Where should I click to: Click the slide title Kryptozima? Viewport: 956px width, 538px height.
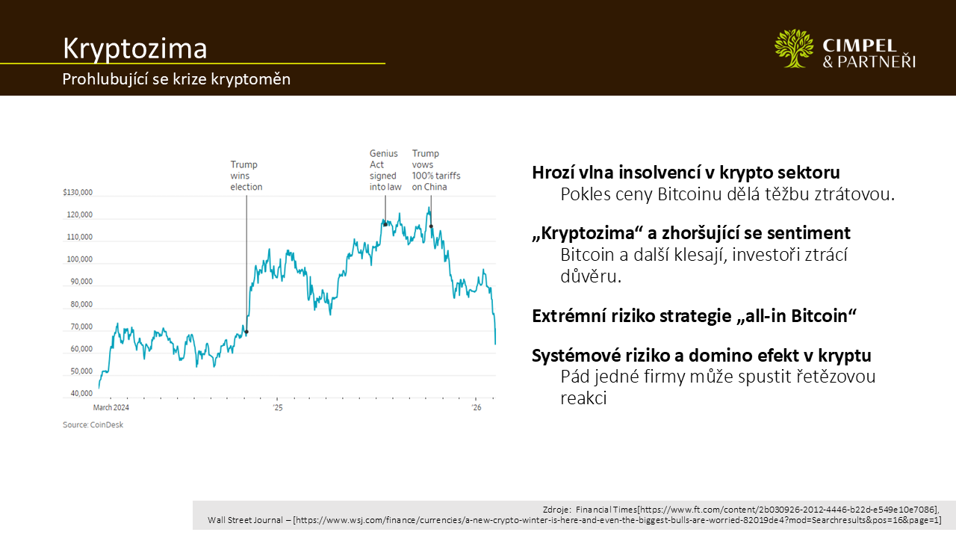point(134,48)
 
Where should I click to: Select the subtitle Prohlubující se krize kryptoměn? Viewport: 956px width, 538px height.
point(176,79)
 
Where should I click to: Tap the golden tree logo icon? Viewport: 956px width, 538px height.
point(794,49)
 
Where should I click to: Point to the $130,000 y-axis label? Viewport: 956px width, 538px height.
point(78,193)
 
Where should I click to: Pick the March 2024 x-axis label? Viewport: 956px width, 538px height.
point(111,408)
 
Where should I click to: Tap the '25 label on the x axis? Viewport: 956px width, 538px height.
point(277,408)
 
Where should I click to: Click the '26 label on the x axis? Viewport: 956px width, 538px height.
point(477,408)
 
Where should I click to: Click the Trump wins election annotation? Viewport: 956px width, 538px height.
point(246,176)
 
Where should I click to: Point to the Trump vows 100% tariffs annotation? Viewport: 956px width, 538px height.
point(436,170)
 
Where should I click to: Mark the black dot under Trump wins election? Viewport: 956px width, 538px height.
point(246,332)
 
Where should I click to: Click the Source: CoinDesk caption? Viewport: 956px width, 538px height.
point(93,424)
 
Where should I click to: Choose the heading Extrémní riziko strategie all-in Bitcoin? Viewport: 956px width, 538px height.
point(694,315)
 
